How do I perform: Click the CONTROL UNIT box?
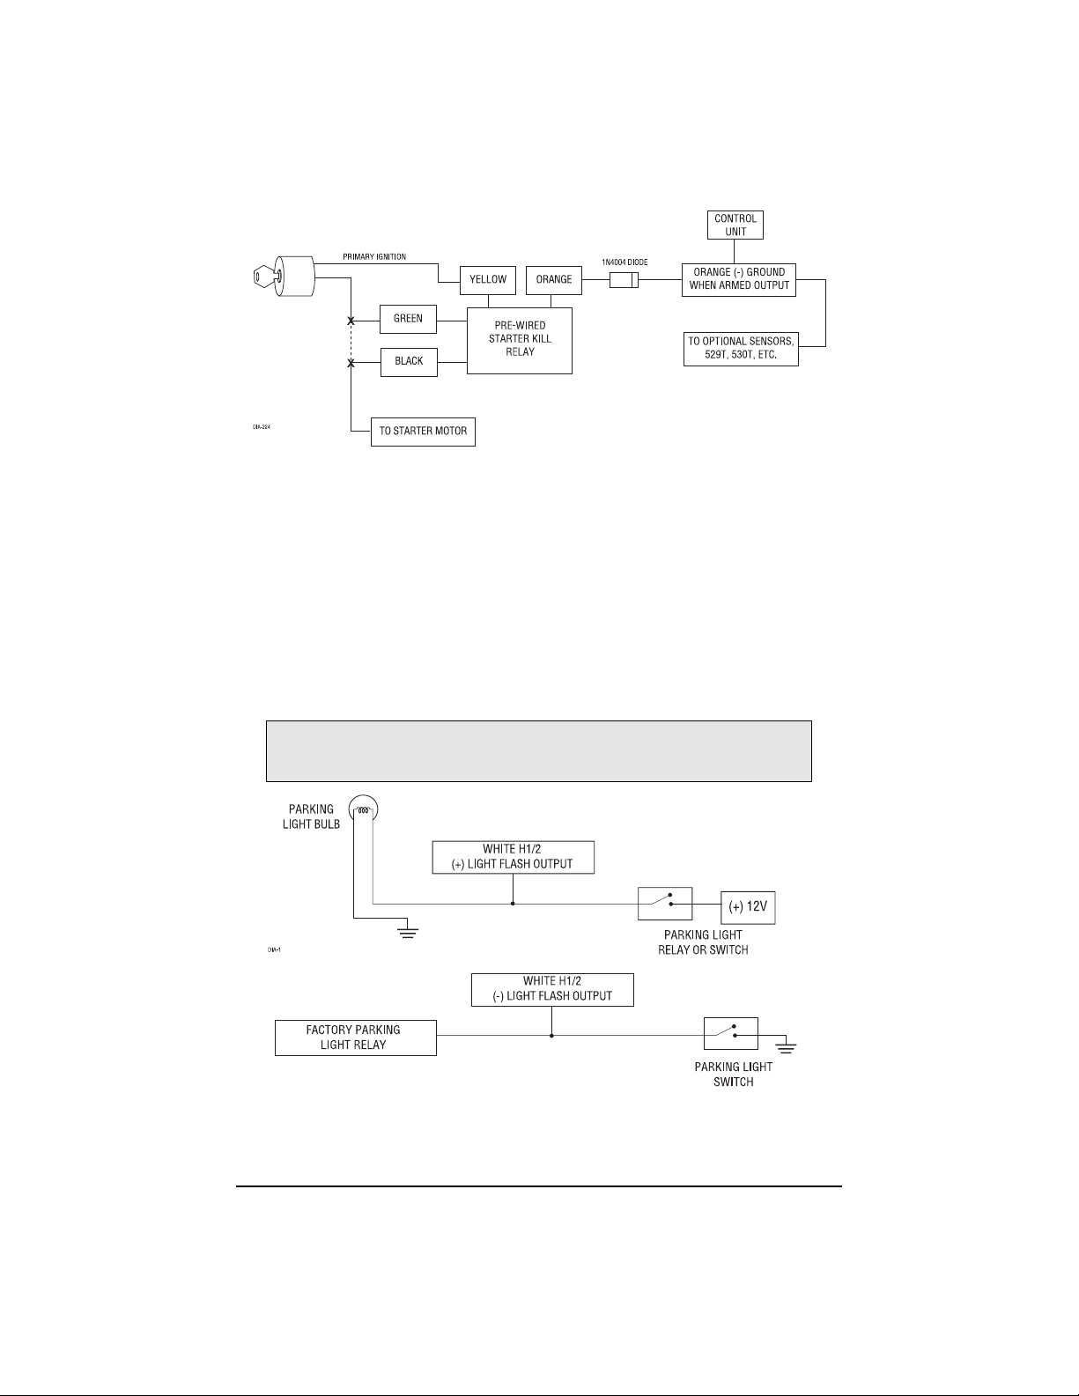point(735,225)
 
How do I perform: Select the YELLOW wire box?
point(488,280)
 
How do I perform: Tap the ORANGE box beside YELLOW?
point(554,280)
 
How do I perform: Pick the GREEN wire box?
point(408,319)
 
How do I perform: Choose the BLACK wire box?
point(409,361)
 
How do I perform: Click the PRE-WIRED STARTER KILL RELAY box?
point(520,340)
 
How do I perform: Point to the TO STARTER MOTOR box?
point(423,432)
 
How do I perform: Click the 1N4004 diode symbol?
point(624,281)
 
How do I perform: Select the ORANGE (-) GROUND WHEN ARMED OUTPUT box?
point(739,279)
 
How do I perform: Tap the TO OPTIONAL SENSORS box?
point(741,349)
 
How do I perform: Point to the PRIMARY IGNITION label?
point(374,257)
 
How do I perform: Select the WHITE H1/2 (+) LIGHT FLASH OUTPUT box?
point(514,857)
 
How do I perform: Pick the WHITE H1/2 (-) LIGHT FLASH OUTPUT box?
point(552,989)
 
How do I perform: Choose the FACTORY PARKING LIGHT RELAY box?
point(355,1038)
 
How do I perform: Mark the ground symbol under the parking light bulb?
point(408,932)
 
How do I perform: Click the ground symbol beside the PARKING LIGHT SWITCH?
point(786,1047)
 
